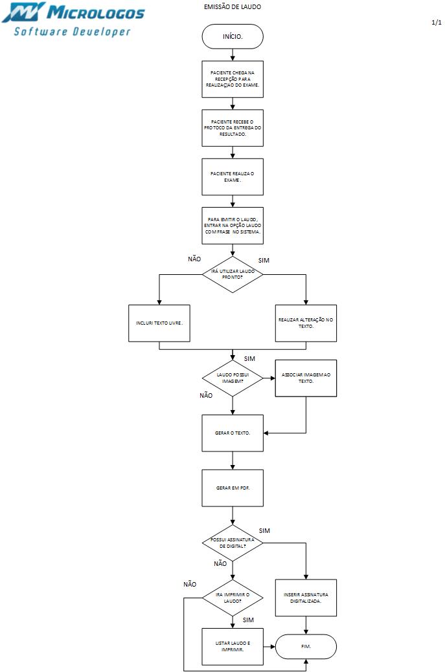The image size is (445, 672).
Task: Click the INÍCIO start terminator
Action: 233,36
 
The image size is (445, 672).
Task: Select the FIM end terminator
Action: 306,646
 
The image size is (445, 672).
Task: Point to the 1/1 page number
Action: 436,23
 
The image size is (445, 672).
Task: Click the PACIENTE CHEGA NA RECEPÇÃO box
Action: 233,79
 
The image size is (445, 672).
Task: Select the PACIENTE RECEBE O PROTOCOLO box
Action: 233,127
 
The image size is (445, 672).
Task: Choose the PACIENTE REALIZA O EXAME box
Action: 233,177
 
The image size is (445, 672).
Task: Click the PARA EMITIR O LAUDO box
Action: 233,225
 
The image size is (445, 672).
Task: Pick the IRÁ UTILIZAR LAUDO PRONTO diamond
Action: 233,274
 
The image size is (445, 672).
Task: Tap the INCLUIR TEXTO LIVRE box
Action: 159,323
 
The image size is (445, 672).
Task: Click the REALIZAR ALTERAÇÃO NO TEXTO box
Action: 306,323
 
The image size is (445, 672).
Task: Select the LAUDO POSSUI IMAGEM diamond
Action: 233,378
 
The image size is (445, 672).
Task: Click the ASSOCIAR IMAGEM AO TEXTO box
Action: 306,378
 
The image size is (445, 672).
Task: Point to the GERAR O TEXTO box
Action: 233,432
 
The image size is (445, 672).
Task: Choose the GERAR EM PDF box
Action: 233,487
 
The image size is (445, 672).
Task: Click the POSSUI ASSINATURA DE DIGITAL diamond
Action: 233,543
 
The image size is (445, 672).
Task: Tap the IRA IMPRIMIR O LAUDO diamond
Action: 233,598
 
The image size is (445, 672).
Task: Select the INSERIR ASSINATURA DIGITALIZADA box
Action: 306,598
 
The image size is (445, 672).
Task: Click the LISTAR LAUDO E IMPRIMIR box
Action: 233,646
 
